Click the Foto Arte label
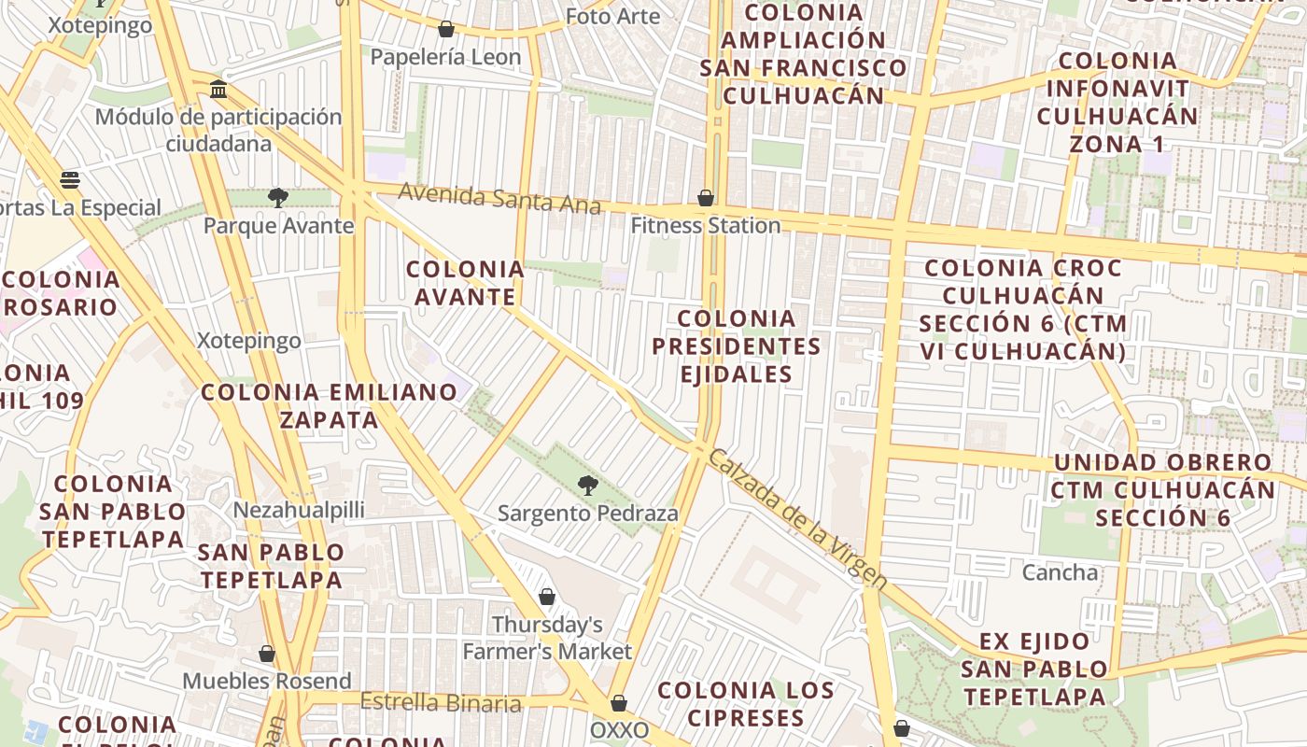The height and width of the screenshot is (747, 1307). [x=612, y=16]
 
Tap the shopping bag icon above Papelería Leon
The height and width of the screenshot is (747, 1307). [x=446, y=30]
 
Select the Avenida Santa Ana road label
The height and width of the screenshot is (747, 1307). [x=499, y=198]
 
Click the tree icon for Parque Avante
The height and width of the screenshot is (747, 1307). [x=277, y=197]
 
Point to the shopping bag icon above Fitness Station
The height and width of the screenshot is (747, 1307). [x=706, y=198]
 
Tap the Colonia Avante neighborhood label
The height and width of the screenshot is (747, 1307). [x=465, y=283]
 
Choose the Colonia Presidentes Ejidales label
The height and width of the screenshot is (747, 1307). [x=736, y=346]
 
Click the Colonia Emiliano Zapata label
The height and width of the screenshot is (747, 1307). [x=330, y=405]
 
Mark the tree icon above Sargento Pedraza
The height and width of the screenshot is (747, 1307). [x=587, y=485]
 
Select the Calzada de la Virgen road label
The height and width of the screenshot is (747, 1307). [x=796, y=518]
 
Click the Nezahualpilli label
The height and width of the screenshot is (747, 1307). [x=299, y=510]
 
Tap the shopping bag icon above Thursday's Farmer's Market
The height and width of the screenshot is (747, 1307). [x=547, y=597]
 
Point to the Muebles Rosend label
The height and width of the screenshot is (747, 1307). [x=267, y=681]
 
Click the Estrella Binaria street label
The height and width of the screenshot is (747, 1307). [x=441, y=702]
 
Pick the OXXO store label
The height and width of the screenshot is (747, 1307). [x=620, y=730]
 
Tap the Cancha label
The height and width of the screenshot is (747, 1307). [x=1061, y=571]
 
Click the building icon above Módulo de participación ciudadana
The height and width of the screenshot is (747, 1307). [x=218, y=90]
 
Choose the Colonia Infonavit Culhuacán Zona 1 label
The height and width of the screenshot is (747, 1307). [x=1117, y=103]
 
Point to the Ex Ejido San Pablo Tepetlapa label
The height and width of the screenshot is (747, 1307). [x=1034, y=669]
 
